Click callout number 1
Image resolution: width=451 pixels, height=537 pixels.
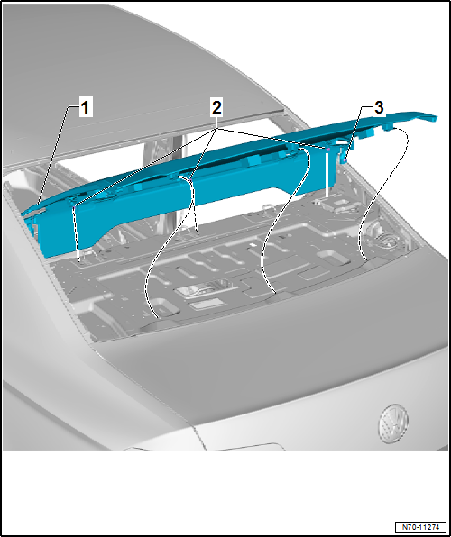click(86, 107)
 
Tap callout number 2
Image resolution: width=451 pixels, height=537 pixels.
click(216, 108)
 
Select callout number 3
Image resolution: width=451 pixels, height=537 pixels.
click(379, 107)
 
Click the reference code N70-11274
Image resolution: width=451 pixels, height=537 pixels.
click(421, 526)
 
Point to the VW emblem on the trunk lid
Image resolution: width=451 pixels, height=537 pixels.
click(393, 423)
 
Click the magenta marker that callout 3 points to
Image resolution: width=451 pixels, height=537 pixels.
click(344, 160)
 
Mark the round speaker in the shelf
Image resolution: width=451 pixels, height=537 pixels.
click(386, 241)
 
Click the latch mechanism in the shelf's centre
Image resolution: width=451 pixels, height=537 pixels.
click(202, 289)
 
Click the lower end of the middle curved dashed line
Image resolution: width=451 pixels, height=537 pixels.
click(275, 293)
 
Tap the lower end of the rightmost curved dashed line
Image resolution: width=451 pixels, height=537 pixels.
click(365, 260)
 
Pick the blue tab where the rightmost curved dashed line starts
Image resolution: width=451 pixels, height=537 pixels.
click(388, 127)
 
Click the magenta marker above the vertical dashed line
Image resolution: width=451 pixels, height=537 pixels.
click(327, 150)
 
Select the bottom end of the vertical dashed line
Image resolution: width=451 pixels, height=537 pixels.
click(327, 198)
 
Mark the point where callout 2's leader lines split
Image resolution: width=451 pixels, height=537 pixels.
click(216, 129)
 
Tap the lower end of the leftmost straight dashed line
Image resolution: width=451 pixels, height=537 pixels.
click(80, 261)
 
